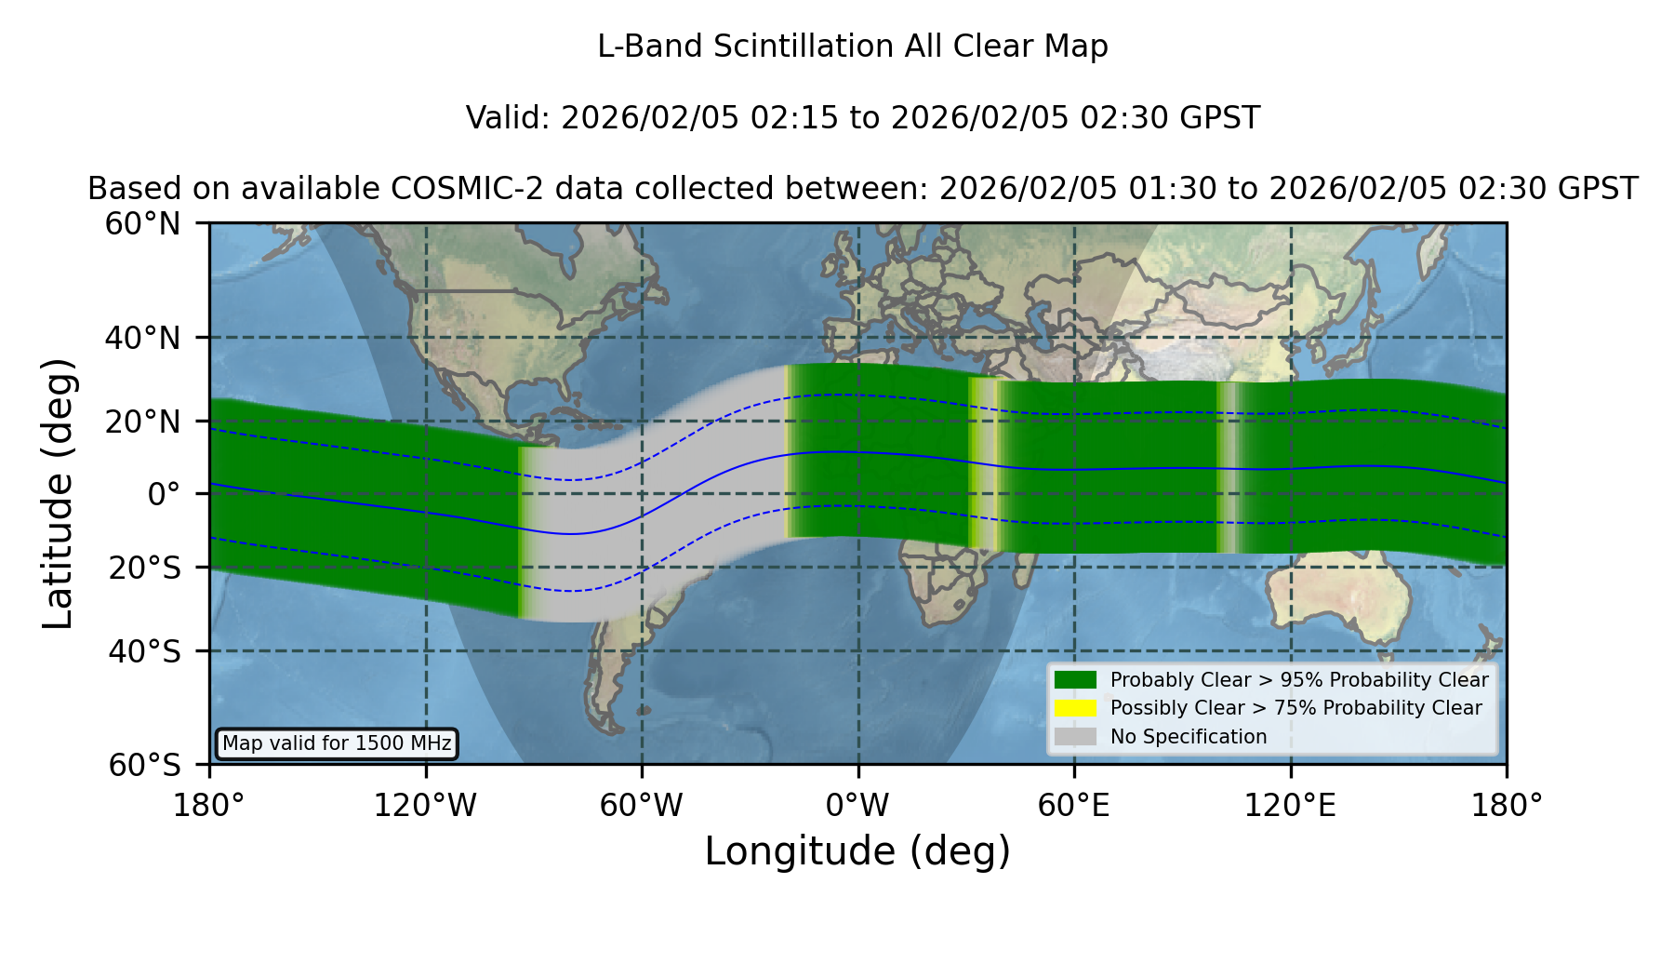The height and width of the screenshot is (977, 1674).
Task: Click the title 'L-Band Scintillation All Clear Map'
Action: [852, 47]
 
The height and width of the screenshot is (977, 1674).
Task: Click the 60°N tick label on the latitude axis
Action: [142, 223]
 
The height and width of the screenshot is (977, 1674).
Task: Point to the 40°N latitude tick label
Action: [142, 338]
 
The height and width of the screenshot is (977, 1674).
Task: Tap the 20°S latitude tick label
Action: [144, 567]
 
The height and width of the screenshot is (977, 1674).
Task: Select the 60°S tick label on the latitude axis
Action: [144, 765]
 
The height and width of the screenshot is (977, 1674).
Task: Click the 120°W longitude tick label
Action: [425, 805]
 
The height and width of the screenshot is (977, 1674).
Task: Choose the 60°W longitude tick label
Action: [642, 805]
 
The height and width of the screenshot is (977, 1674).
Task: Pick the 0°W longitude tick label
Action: [857, 805]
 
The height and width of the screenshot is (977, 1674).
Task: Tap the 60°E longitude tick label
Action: [1074, 805]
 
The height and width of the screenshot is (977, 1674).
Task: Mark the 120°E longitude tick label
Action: [1290, 805]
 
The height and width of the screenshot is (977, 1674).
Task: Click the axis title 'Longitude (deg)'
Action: [857, 851]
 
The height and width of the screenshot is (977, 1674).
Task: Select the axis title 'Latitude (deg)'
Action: [59, 493]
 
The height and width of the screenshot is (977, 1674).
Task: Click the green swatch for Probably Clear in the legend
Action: [1075, 679]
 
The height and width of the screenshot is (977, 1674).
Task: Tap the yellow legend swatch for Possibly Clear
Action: [1075, 708]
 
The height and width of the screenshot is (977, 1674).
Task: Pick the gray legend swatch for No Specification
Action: [1075, 737]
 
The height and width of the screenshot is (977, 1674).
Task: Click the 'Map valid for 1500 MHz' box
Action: [337, 743]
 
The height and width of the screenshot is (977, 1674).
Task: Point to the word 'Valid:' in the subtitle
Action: [509, 118]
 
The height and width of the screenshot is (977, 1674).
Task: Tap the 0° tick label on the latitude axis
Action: [164, 494]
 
